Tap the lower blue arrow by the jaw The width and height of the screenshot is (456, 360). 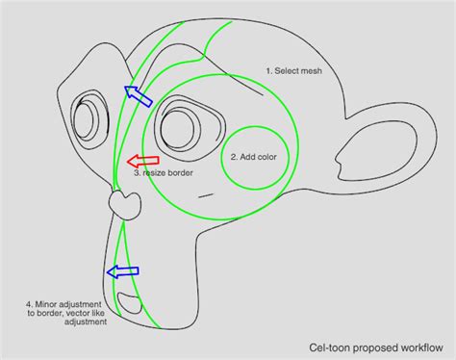click(122, 271)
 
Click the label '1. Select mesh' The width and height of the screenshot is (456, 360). click(293, 71)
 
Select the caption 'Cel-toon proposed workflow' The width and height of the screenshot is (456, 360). click(376, 347)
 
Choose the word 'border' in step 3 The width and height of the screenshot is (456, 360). click(180, 173)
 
